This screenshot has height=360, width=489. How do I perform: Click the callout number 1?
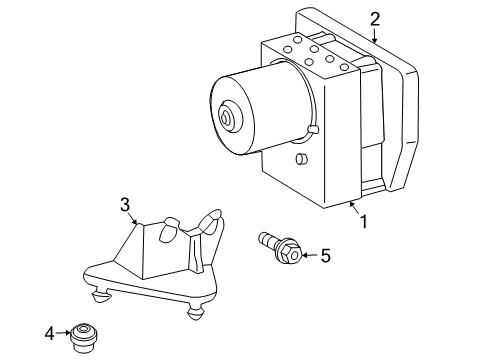pos(364,222)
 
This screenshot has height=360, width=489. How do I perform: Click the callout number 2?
pos(374,18)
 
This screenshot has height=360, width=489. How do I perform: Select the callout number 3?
pos(125,205)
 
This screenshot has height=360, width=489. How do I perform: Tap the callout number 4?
pos(48,332)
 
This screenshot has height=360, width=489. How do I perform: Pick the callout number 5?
pos(324,256)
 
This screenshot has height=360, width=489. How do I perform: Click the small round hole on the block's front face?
pos(301,161)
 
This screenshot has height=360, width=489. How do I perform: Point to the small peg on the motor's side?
pos(313,129)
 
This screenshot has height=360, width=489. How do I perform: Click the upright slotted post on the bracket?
pos(213,221)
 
